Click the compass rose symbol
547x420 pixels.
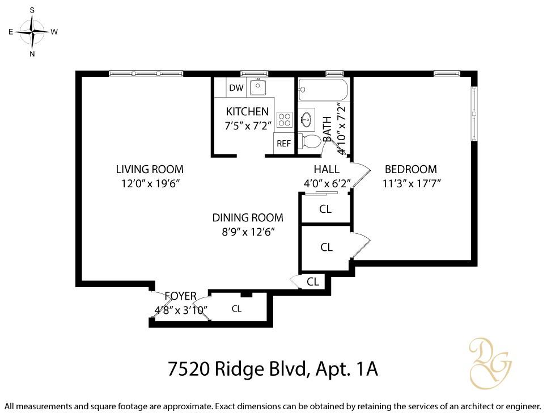pos(32,32)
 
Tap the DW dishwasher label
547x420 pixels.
pos(236,88)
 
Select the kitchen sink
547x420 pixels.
pos(258,87)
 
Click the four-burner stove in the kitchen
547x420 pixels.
pos(284,119)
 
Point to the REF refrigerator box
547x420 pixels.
pos(283,144)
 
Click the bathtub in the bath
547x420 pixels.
pos(323,90)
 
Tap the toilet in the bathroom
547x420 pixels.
pos(309,141)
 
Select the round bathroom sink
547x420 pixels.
pos(306,119)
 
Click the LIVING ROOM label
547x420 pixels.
pos(150,169)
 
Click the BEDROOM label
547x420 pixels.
pos(411,169)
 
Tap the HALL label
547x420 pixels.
pos(326,169)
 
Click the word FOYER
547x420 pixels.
pos(180,296)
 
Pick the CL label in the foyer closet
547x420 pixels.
pos(237,309)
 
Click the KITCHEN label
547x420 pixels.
pos(247,111)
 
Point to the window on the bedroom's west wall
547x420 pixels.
pos(474,114)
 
